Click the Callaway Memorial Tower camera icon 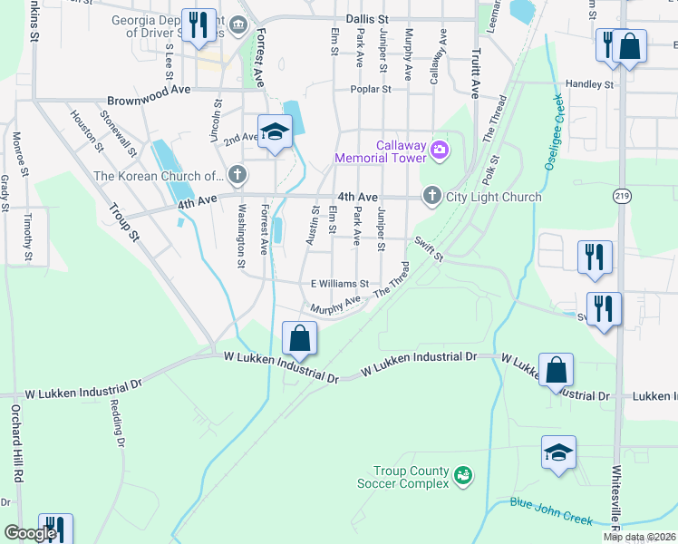pos(440,150)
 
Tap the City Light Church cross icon pos(431,196)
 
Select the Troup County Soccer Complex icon pos(463,475)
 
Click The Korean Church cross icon pos(237,174)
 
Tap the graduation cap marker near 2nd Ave pos(275,133)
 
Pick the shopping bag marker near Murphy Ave pos(299,339)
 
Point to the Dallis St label pos(367,19)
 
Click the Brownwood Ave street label pos(149,101)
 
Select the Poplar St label pos(372,90)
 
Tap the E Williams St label pos(340,284)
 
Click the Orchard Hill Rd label pos(15,450)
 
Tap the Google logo pos(30,534)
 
